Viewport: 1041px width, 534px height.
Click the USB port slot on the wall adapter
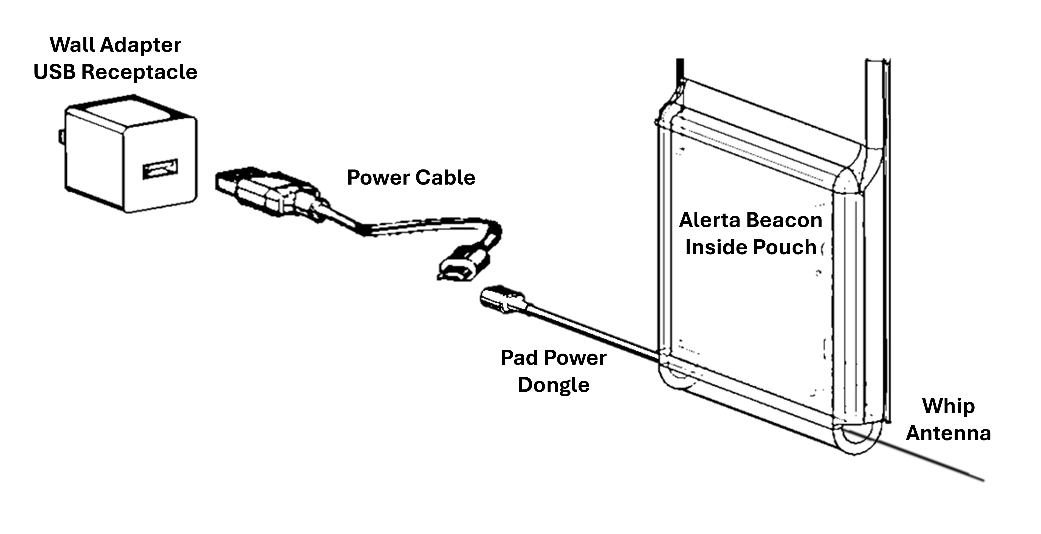[x=160, y=169]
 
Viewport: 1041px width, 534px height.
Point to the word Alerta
[x=709, y=220]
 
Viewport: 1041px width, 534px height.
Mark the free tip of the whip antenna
[x=982, y=480]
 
